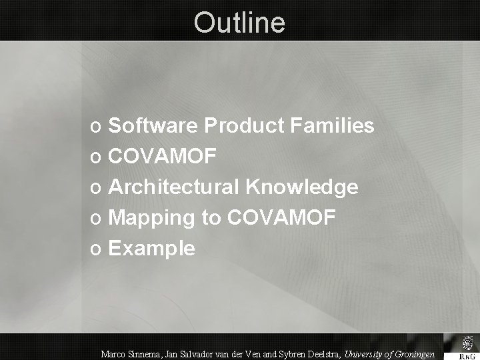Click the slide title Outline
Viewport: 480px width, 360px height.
coord(239,23)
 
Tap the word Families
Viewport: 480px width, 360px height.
coord(334,125)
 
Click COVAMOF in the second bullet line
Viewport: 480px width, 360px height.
coord(162,157)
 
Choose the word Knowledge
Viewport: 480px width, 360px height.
coord(302,187)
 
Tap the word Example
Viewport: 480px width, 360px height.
coord(151,249)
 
